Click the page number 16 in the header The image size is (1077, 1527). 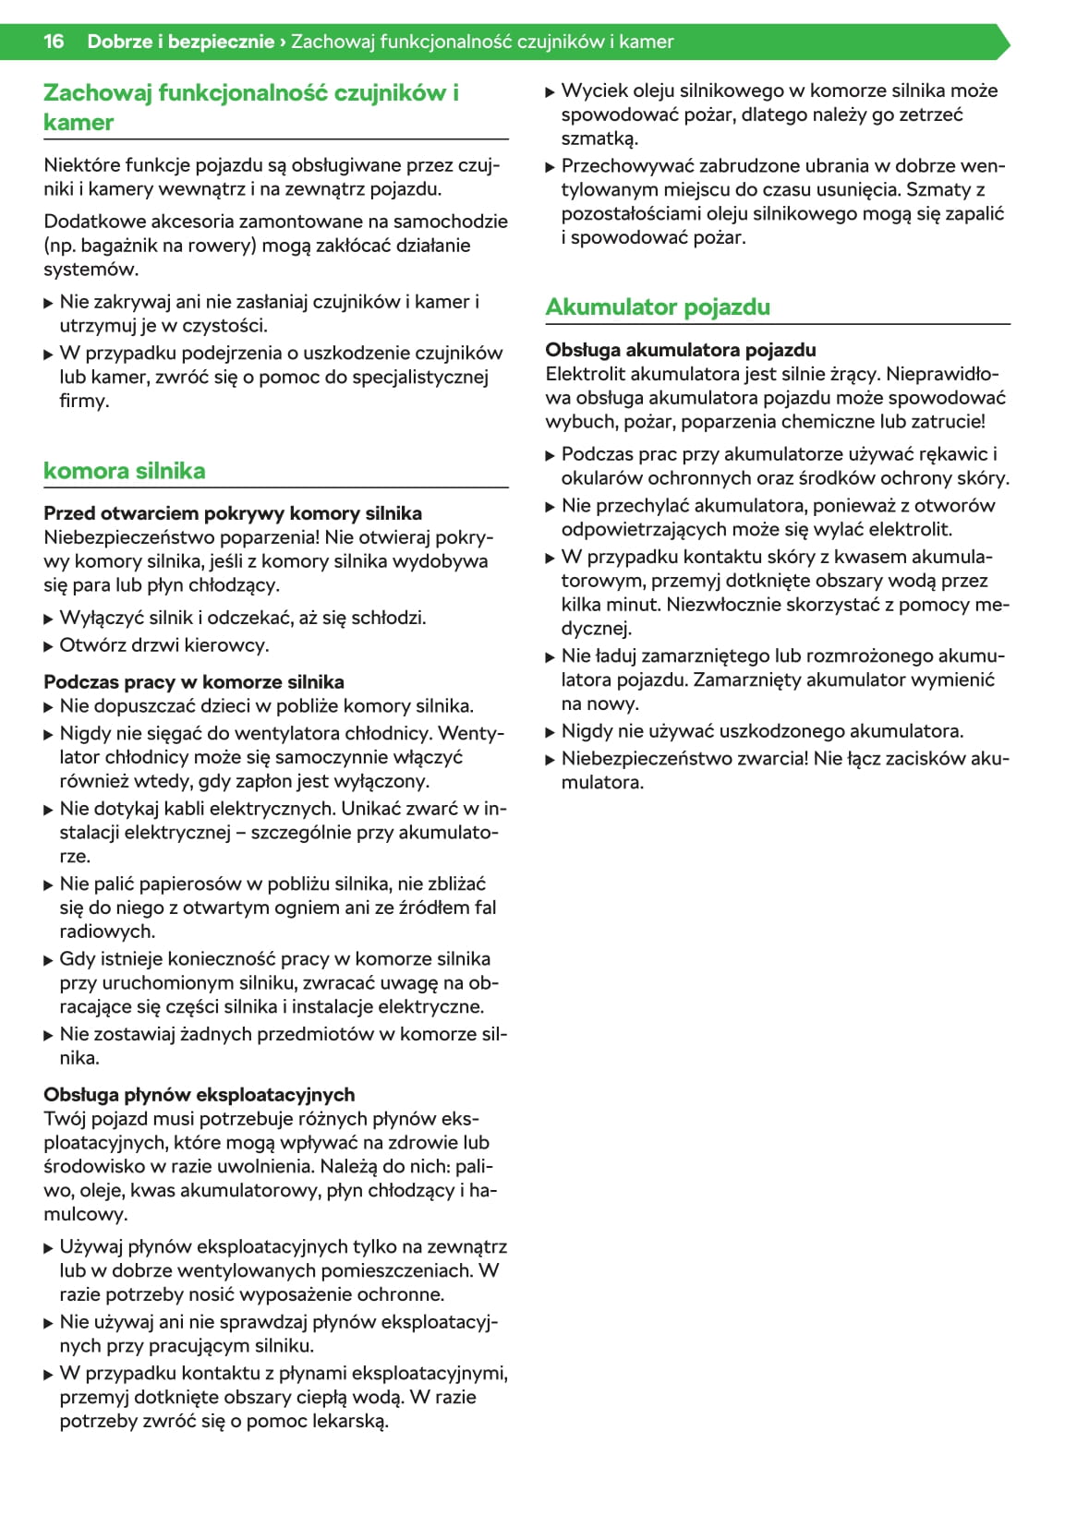tap(54, 42)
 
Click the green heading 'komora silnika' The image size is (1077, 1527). tap(124, 471)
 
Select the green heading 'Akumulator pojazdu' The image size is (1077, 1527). tap(657, 307)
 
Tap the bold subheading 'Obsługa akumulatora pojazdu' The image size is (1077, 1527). tap(680, 350)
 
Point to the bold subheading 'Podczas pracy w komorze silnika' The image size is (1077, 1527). tap(193, 682)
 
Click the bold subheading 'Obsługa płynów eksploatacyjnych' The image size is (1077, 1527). tap(199, 1095)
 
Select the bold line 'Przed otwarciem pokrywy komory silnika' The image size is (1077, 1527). tap(232, 513)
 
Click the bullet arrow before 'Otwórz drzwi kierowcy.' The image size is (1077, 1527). tap(49, 646)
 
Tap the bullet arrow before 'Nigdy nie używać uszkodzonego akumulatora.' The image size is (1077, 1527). tap(551, 732)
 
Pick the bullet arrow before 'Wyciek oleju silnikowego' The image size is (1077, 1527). tap(551, 91)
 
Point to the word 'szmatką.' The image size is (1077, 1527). tap(599, 139)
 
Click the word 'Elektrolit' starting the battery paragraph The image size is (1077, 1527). tap(584, 374)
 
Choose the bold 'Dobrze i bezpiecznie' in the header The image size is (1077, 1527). tap(180, 42)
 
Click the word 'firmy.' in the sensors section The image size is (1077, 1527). tap(84, 402)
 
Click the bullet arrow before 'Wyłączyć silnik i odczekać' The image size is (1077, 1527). tap(49, 619)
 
